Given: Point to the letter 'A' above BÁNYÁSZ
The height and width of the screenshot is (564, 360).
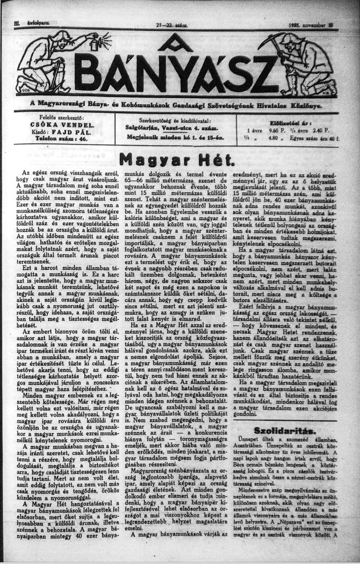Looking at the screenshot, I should (175, 44).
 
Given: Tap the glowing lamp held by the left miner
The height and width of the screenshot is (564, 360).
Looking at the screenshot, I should (95, 42).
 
